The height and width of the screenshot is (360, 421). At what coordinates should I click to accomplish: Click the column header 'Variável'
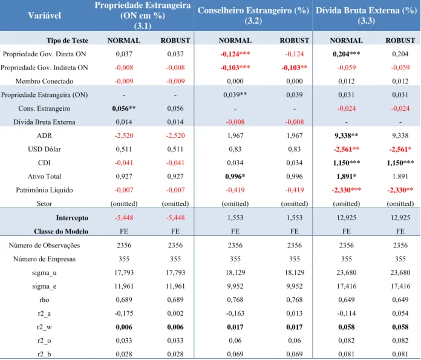click(x=44, y=15)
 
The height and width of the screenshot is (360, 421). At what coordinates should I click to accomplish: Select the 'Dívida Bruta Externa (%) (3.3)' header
click(x=366, y=15)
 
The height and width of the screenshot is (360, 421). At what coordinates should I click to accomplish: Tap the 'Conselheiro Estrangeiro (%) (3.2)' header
click(x=253, y=15)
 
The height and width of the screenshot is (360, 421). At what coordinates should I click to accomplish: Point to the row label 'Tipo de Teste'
click(x=67, y=41)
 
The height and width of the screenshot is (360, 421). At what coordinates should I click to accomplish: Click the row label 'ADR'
click(x=44, y=136)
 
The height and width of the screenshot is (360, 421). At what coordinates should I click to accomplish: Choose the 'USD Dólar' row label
click(x=44, y=149)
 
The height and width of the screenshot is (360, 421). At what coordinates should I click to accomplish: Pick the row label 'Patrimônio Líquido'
click(x=44, y=190)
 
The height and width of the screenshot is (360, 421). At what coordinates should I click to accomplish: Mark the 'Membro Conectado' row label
click(x=44, y=81)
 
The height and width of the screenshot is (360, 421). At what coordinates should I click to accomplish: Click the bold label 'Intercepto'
click(x=72, y=218)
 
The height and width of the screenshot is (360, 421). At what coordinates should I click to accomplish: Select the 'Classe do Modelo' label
click(x=61, y=231)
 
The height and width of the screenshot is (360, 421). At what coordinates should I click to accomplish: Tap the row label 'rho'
click(x=44, y=300)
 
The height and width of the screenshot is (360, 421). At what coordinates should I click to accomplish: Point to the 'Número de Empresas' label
click(x=44, y=259)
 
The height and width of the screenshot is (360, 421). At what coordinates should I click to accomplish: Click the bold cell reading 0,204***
click(x=347, y=54)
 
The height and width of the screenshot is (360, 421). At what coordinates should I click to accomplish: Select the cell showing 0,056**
click(x=124, y=108)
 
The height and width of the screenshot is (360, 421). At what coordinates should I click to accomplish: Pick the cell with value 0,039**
click(x=235, y=95)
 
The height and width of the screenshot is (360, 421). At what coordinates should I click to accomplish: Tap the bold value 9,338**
click(x=347, y=136)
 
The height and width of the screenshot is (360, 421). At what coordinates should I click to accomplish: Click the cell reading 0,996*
click(x=235, y=177)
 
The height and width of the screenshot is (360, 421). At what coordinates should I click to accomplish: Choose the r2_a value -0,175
click(x=124, y=313)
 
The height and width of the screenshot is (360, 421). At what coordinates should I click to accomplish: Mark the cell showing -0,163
click(x=235, y=313)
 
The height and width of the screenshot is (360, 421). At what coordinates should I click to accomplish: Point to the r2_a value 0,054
click(x=400, y=313)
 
